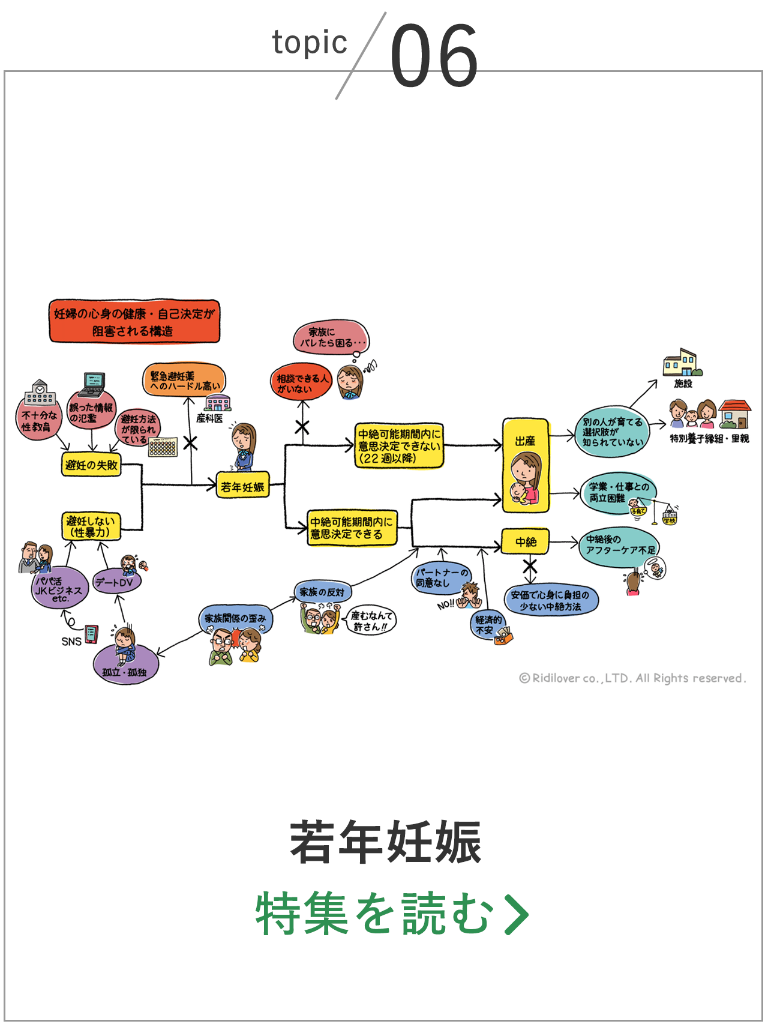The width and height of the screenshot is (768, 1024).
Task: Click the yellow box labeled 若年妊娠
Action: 242,487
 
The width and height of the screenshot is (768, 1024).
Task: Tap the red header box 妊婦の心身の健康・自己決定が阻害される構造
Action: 134,322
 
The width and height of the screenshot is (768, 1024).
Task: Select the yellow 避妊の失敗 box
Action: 91,465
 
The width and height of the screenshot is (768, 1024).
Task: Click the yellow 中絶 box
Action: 526,542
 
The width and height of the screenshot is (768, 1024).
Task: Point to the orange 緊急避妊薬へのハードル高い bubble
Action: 184,381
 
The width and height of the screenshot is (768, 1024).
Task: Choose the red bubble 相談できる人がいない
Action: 301,383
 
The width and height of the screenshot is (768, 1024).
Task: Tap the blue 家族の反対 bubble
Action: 322,592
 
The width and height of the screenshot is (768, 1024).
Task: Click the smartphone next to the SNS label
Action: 91,634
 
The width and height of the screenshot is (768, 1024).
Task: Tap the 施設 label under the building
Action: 683,383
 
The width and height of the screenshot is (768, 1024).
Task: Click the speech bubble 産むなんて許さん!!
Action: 371,621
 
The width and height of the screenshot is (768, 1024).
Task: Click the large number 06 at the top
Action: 434,55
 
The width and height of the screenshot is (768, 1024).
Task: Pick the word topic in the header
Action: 309,43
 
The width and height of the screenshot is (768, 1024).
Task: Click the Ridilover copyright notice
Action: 632,678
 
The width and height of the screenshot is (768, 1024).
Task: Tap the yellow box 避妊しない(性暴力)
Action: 91,526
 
